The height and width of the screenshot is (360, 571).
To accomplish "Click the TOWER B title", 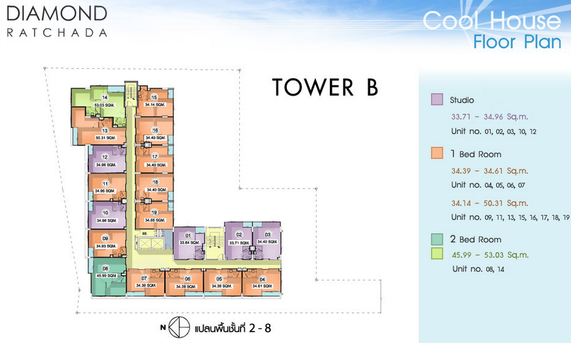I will tap(325, 87).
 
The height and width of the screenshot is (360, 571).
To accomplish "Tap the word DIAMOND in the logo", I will tap(57, 12).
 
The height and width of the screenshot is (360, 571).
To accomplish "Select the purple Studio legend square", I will tap(436, 100).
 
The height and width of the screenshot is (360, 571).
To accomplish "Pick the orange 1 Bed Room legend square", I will tap(436, 154).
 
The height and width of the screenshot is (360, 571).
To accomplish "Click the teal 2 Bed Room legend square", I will tap(436, 239).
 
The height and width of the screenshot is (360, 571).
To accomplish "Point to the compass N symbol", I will tap(164, 328).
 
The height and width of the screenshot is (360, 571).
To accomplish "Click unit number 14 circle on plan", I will tap(104, 97).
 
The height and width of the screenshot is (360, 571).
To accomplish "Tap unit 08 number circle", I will tap(105, 268).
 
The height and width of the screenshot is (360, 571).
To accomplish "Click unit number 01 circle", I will tap(188, 236).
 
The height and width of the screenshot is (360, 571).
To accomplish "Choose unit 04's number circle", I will tap(262, 279).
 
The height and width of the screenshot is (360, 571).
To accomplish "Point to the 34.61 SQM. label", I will tap(262, 286).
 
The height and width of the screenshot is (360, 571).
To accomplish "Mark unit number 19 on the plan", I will tap(154, 213).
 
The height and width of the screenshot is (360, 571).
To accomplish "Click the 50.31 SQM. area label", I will tap(105, 138).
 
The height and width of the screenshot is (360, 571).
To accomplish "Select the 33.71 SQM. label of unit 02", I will tap(239, 242).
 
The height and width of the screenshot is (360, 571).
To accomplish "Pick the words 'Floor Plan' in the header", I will tap(517, 43).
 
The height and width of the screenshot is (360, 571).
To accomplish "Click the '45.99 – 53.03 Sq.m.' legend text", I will tap(489, 255).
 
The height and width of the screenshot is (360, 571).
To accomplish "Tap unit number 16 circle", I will tap(155, 130).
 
